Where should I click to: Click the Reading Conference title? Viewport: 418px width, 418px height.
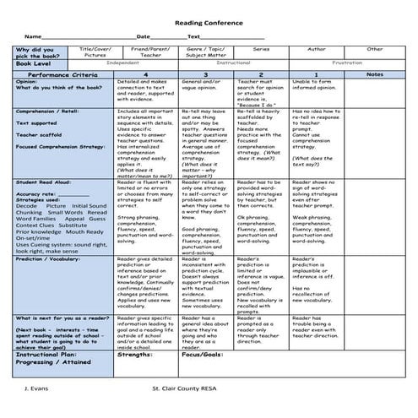(x=208, y=24)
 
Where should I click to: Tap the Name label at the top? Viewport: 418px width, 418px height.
(x=33, y=36)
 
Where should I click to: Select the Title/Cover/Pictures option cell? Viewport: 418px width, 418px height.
(x=93, y=52)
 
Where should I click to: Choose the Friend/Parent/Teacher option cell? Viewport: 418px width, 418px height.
(x=150, y=52)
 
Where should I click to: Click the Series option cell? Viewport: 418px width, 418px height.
(x=261, y=49)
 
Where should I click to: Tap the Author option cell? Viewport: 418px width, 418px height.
(x=317, y=49)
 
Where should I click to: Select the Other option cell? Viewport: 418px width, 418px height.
(x=374, y=49)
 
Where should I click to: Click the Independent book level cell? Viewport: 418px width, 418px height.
(x=124, y=63)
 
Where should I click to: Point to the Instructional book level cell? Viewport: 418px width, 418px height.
(x=233, y=63)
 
